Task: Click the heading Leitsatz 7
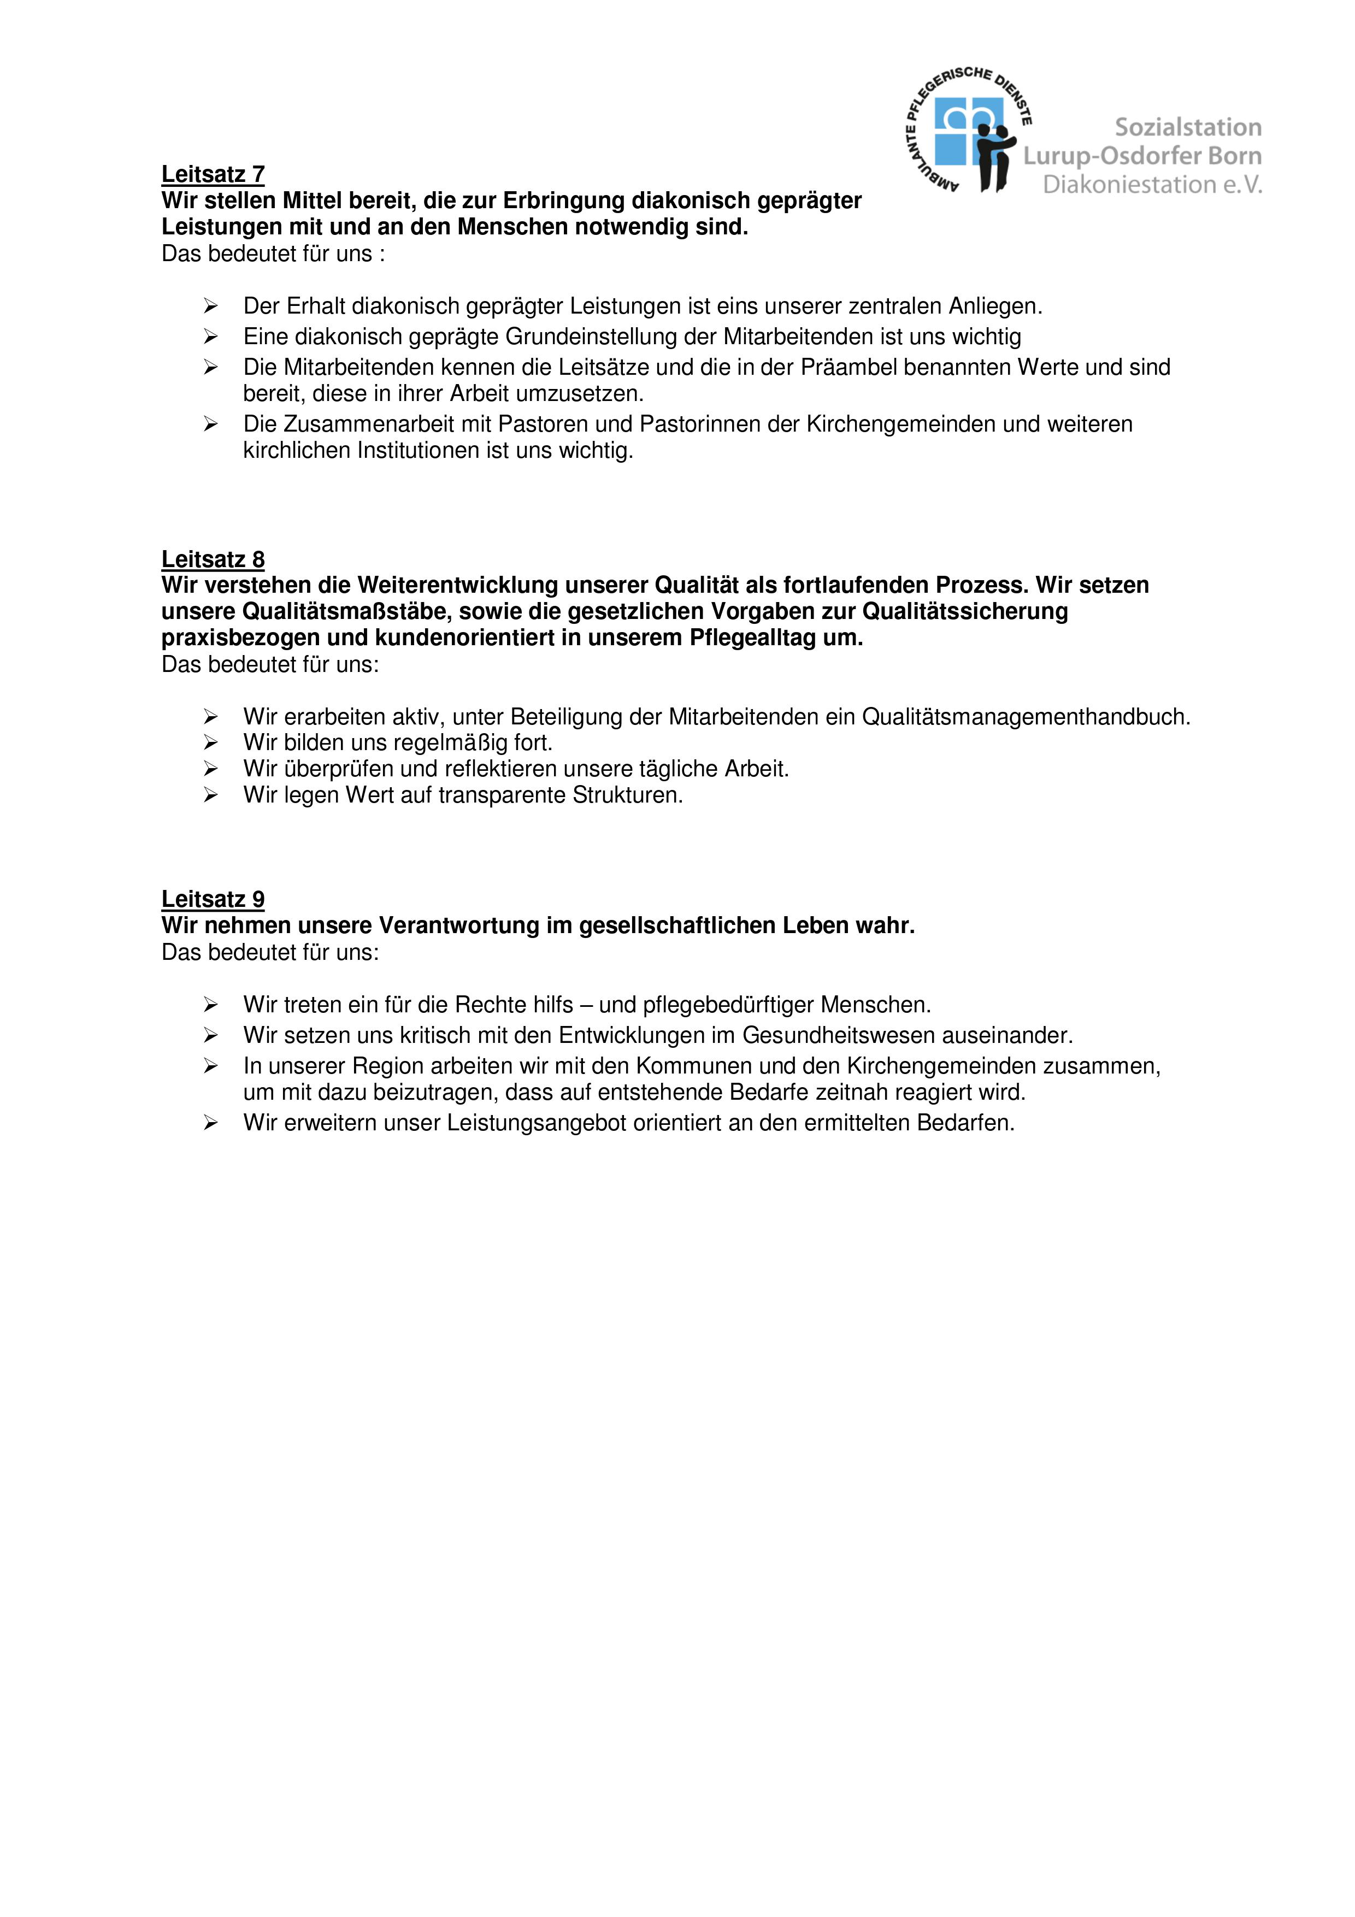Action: pos(213,174)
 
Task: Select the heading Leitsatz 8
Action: pos(213,559)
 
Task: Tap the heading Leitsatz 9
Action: pos(213,899)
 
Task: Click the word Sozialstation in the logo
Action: pos(1188,128)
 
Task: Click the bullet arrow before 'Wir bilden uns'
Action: pos(210,742)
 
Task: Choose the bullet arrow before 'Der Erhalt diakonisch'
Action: pos(210,306)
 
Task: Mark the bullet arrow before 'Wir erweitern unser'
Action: pos(210,1123)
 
